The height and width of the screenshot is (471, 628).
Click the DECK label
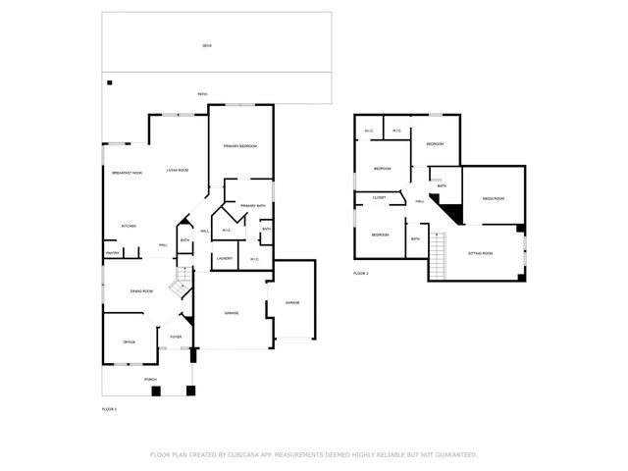207,46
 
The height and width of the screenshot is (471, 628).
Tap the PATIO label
202,94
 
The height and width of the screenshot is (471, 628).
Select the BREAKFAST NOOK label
127,173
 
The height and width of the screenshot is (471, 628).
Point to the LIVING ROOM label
178,170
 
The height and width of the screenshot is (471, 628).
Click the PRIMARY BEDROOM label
239,146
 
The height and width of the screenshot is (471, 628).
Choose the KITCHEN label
129,226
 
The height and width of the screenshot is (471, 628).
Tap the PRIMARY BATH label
253,205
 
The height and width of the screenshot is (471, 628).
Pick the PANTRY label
113,252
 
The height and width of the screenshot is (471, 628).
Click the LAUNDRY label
225,259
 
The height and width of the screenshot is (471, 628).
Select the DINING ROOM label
141,290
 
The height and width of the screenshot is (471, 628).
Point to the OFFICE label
129,341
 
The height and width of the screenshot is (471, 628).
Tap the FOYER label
176,337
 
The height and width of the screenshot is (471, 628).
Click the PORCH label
151,378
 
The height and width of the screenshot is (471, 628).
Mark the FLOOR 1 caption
109,408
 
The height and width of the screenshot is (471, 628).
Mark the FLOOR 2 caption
361,273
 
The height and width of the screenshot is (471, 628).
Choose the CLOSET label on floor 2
379,197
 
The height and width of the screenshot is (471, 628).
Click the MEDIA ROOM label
493,198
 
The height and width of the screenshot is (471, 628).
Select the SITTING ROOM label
481,253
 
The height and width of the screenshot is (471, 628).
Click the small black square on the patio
110,82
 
